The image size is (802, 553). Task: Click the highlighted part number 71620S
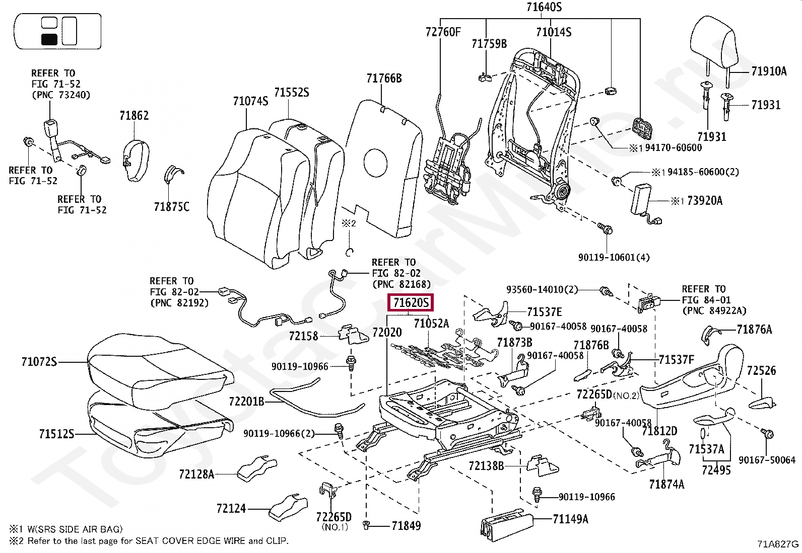coord(411,302)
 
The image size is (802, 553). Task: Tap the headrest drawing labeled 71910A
coord(714,43)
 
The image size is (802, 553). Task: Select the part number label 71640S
coord(544,7)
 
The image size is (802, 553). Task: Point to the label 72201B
coord(246,402)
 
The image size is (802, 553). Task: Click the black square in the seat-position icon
coord(49,39)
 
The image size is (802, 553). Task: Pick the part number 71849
coord(406,526)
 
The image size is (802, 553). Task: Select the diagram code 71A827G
coord(777,544)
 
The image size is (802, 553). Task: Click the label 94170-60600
coord(673,148)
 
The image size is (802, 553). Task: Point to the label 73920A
coord(704,201)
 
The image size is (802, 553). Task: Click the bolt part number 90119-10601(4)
coord(614,258)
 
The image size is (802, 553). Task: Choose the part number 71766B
coord(384,78)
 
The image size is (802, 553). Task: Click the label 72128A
coord(196,475)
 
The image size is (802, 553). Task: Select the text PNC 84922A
coord(714,311)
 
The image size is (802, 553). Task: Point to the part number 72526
coord(761,371)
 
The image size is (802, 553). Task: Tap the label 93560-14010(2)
coord(542,290)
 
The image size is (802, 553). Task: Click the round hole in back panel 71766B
coord(375,163)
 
